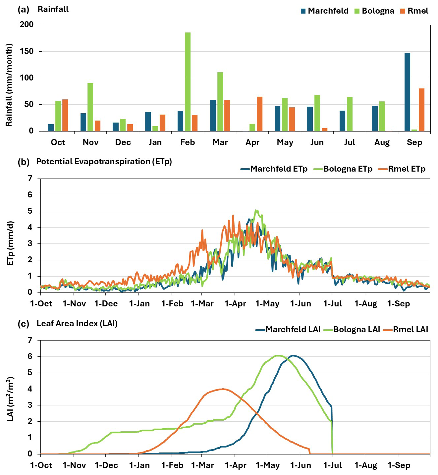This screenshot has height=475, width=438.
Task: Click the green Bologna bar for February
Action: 188,82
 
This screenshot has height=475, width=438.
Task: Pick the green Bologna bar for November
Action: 90,107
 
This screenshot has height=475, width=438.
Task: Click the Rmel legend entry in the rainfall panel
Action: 414,11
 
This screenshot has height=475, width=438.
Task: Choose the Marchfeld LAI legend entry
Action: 288,330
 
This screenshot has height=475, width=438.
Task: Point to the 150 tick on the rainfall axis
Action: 27,51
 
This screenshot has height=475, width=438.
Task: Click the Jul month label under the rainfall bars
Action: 350,142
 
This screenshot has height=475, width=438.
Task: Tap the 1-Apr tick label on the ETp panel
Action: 235,304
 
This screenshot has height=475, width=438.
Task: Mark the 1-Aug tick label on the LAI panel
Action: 366,465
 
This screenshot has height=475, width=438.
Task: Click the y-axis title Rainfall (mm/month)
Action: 9,85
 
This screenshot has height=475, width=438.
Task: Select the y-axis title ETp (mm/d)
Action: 10,243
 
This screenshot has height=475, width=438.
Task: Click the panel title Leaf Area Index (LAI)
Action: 77,324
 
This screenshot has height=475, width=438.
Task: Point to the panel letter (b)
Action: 24,162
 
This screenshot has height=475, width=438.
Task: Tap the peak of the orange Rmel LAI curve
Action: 223,389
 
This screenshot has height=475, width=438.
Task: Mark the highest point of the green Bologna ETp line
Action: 256,210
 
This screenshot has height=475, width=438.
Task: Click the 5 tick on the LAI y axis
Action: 30,373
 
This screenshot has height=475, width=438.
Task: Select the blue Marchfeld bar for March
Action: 213,115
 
